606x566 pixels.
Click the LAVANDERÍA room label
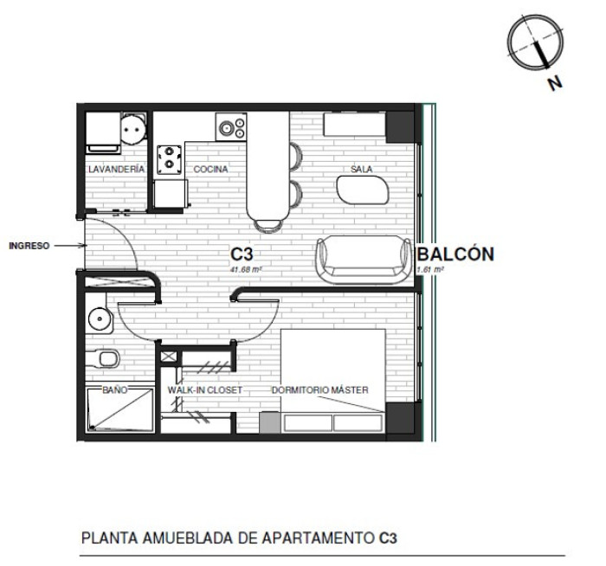pos(116,169)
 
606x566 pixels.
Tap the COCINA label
pos(210,169)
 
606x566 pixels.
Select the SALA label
pos(361,169)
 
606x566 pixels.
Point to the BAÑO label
pos(115,389)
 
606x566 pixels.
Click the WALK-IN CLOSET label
pos(205,389)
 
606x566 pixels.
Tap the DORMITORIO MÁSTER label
pos(320,389)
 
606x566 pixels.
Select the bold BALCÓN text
pos(456,254)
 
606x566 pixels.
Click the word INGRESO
pos(29,246)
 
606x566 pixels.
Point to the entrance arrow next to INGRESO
pos(69,245)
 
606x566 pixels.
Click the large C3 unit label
pos(242,254)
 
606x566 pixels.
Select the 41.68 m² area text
pos(246,270)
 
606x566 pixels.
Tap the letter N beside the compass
pos(556,83)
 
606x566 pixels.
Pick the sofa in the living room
pos(364,260)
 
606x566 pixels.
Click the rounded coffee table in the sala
pos(363,190)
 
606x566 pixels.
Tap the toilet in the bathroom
pos(102,359)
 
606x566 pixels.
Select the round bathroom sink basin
pos(100,318)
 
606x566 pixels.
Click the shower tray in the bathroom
pos(119,410)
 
